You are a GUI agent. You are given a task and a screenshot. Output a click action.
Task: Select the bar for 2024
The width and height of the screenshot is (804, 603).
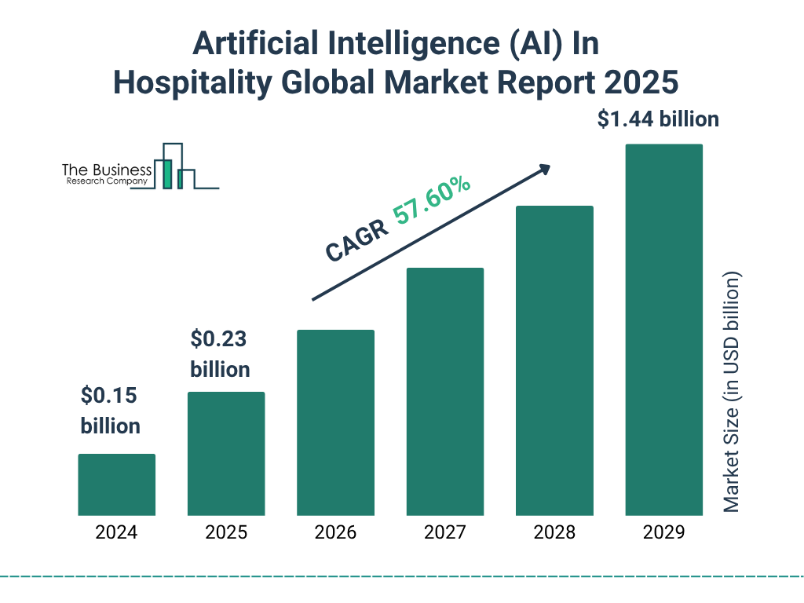116,484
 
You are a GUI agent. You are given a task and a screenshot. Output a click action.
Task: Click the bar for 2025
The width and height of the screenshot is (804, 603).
226,453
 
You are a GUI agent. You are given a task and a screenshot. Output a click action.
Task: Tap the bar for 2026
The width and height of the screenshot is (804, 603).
335,422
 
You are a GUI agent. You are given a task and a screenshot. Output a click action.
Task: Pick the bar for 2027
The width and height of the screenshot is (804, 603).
444,391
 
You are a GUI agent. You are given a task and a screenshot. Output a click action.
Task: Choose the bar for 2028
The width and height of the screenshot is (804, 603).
554,360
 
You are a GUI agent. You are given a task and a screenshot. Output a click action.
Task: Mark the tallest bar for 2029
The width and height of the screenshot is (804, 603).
663,330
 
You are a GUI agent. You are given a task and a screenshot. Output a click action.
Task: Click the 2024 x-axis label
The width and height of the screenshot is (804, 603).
116,532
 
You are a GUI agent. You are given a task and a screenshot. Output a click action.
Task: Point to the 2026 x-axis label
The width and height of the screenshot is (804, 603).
335,532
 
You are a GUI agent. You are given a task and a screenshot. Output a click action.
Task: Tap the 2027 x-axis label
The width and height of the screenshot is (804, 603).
444,532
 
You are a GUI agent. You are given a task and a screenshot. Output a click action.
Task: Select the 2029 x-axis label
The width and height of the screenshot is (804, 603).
663,532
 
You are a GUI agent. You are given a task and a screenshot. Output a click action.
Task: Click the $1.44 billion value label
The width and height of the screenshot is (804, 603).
658,119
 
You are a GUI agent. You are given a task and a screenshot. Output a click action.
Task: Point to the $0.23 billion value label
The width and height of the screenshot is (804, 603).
220,354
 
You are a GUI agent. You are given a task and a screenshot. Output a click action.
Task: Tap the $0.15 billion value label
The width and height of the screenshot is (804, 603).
111,411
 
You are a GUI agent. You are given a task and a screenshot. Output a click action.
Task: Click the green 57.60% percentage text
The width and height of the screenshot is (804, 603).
433,203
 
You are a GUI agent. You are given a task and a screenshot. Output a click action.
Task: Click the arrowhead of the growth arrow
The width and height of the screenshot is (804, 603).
543,170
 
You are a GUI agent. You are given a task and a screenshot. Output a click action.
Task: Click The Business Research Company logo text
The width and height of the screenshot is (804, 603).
106,175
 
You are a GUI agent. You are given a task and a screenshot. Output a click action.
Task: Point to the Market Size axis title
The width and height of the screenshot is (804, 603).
732,393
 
